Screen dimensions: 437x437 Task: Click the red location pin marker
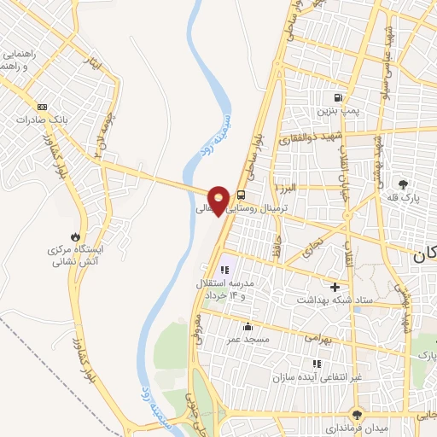click(219, 200)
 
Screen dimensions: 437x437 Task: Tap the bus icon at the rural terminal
click(242, 194)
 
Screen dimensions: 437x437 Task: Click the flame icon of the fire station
click(76, 236)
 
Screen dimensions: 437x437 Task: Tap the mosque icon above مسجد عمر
click(248, 326)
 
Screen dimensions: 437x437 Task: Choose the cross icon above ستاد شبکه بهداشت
click(335, 287)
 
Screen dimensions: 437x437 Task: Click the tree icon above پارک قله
click(404, 184)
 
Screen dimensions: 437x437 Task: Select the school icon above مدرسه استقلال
click(225, 270)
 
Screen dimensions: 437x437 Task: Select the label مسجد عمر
click(247, 339)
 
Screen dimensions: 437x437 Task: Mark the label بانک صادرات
click(40, 120)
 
